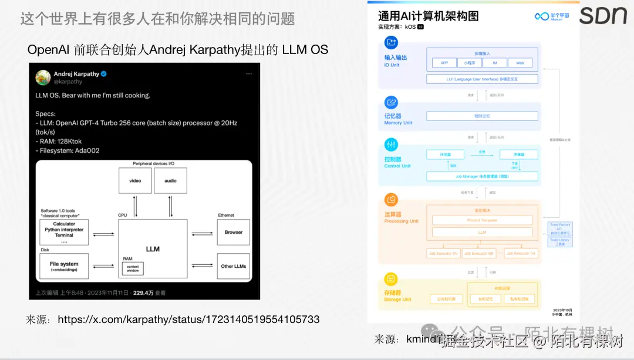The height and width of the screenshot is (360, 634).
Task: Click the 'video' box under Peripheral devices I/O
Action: [135, 180]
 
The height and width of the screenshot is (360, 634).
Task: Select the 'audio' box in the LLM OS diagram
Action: [170, 180]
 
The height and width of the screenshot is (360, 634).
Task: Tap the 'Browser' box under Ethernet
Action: [233, 232]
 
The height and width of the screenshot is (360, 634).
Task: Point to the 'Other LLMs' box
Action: [233, 266]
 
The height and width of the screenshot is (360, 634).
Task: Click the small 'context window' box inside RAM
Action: [133, 268]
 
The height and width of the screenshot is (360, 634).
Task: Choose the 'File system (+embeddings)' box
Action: [64, 266]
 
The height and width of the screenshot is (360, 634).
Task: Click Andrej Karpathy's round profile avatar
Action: [43, 77]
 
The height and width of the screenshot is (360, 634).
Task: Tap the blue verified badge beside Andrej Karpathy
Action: [104, 74]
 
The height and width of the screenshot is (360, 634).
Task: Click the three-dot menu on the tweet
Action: [249, 74]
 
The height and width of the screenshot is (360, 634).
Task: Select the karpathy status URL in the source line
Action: [188, 319]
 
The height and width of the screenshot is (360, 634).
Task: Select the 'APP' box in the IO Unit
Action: [444, 63]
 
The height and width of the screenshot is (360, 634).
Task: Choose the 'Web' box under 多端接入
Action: [520, 63]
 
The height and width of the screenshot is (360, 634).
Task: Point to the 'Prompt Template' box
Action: [482, 220]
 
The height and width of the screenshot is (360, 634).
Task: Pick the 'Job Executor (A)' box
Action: [444, 253]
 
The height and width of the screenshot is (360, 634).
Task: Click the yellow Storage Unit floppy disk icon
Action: [391, 279]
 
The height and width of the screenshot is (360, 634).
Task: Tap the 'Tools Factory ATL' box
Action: [559, 228]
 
